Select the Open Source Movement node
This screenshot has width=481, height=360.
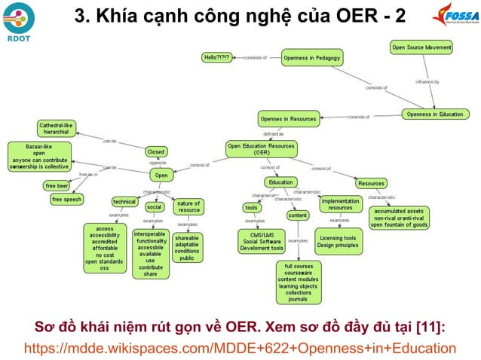(x=421, y=47)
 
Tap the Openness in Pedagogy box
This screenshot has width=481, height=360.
(x=312, y=56)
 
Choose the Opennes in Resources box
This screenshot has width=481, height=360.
(x=289, y=118)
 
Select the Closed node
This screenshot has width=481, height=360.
(x=155, y=151)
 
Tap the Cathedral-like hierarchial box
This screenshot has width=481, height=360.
(x=57, y=128)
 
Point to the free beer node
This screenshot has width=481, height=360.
(x=57, y=185)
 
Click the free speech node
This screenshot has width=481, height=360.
(x=67, y=200)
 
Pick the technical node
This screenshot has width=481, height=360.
(x=124, y=202)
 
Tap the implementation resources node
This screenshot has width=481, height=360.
(x=340, y=204)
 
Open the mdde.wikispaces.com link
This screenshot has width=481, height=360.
(x=240, y=347)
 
